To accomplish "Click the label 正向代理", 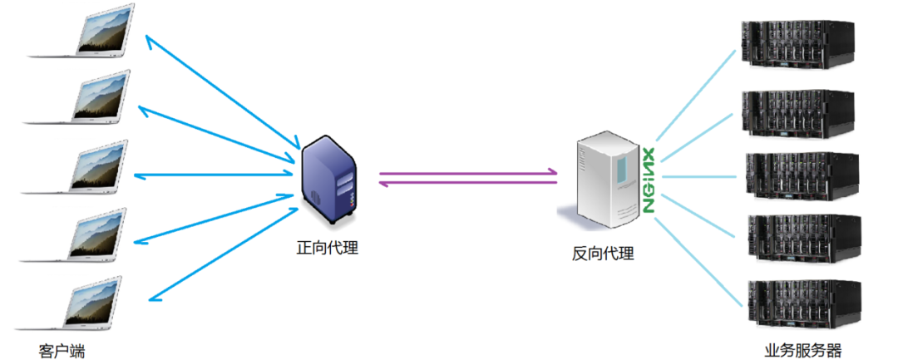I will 328,247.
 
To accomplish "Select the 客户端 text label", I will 62,351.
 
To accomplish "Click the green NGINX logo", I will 649,181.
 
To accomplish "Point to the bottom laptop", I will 93,305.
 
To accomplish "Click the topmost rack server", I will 797,47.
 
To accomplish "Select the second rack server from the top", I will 797,110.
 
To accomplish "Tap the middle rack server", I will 797,175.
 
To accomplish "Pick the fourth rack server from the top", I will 797,239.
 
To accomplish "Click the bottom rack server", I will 797,304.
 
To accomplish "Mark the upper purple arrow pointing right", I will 468,173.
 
